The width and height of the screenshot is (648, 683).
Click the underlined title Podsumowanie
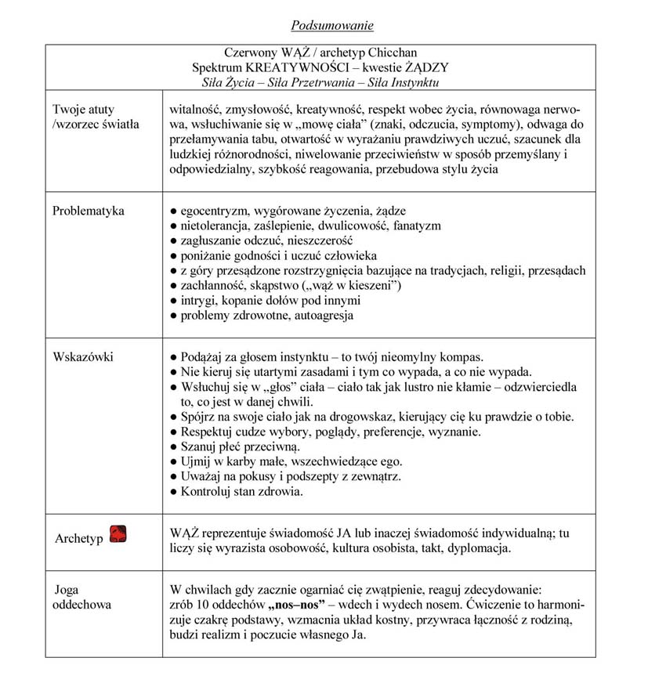[x=331, y=26]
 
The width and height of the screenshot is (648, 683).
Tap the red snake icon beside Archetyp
[x=119, y=534]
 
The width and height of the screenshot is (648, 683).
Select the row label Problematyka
[x=88, y=211]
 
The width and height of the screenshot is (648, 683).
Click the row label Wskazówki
[x=82, y=357]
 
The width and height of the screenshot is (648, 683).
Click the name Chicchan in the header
[x=392, y=53]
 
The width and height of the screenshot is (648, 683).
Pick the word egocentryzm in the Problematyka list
[x=214, y=211]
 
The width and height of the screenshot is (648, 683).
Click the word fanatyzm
[x=417, y=226]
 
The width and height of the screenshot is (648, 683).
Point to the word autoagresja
[x=322, y=316]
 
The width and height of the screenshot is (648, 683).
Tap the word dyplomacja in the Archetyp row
[x=481, y=547]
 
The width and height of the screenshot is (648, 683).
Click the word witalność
[x=195, y=108]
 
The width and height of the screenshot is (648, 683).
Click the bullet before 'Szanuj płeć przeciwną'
[x=173, y=446]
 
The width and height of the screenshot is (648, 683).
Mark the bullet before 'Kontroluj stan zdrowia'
[x=173, y=492]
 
